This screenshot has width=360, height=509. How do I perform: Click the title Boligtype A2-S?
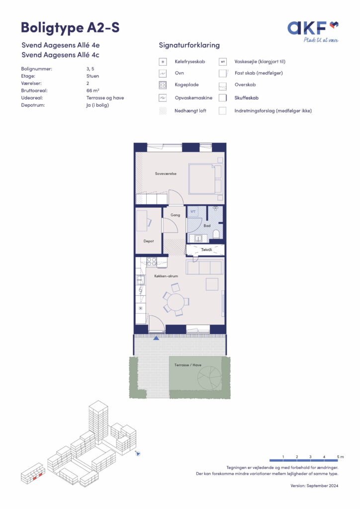pyautogui.click(x=70, y=28)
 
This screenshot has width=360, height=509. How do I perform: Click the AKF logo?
pyautogui.click(x=313, y=31)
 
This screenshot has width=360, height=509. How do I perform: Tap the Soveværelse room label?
pyautogui.click(x=166, y=173)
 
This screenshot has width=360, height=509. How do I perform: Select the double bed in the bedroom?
pyautogui.click(x=205, y=179)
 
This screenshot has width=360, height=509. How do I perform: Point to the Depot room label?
pyautogui.click(x=149, y=241)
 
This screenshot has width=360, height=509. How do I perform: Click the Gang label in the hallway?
pyautogui.click(x=176, y=215)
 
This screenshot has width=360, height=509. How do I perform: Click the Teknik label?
pyautogui.click(x=206, y=250)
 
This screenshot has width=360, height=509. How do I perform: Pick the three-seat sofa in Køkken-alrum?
pyautogui.click(x=204, y=266)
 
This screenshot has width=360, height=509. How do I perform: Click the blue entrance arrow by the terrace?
pyautogui.click(x=156, y=338)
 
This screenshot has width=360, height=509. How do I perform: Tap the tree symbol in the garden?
pyautogui.click(x=209, y=378)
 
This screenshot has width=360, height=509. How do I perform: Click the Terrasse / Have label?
pyautogui.click(x=188, y=365)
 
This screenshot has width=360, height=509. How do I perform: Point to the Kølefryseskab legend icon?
pyautogui.click(x=163, y=62)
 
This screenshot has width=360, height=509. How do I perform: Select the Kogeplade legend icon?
pyautogui.click(x=163, y=85)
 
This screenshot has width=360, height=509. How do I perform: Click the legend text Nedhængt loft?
pyautogui.click(x=190, y=111)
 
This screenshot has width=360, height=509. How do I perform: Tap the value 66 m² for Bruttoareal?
pyautogui.click(x=93, y=90)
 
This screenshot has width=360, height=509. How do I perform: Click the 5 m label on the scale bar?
pyautogui.click(x=340, y=457)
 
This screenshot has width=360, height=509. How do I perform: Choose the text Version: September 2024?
pyautogui.click(x=314, y=486)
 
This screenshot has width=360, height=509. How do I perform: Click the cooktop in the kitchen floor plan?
pyautogui.click(x=152, y=261)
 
